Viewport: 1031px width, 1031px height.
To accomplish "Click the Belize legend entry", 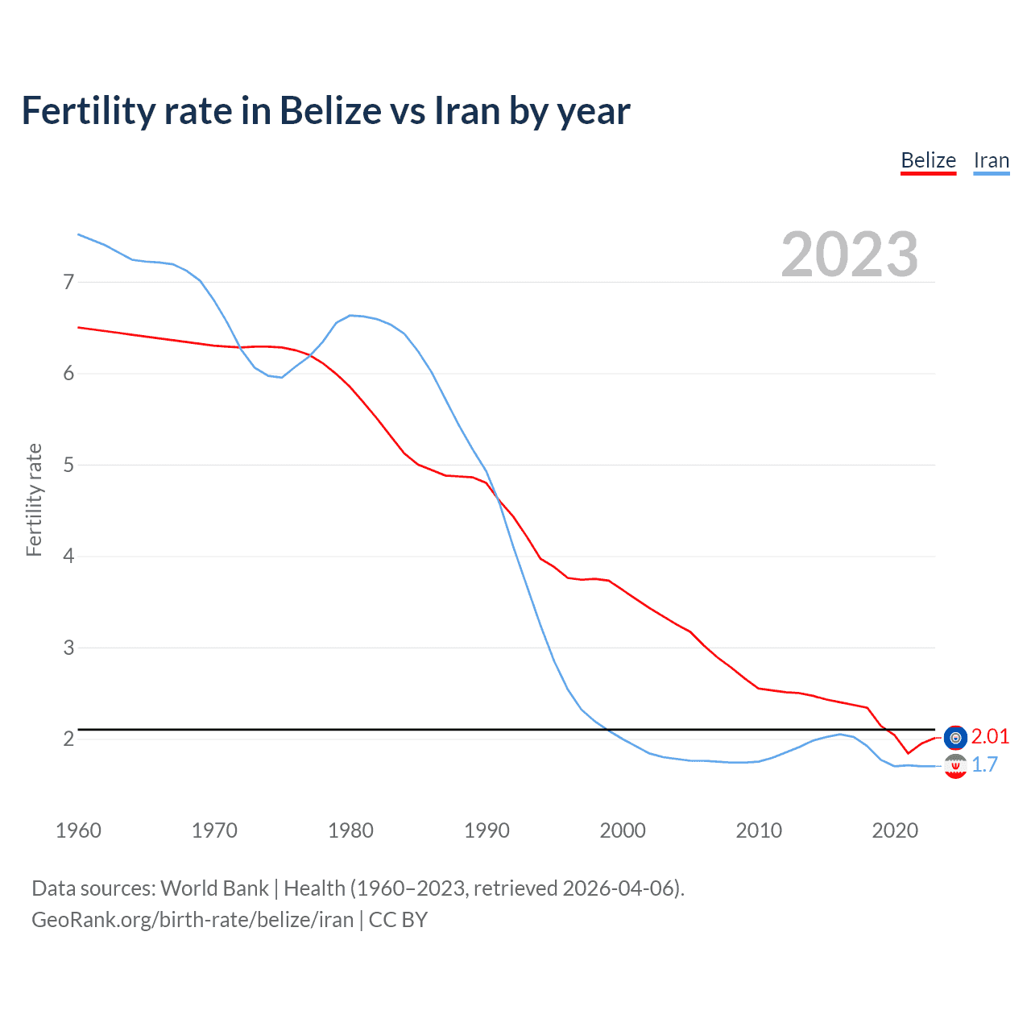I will coord(928,160).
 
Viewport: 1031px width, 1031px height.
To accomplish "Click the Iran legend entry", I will coord(991,160).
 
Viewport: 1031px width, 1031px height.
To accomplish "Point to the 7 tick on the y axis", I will coord(68,282).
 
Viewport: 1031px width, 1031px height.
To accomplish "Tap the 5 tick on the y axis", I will coord(68,465).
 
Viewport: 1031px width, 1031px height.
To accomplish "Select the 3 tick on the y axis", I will coord(68,648).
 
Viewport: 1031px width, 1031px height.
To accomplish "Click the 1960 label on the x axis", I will coord(78,830).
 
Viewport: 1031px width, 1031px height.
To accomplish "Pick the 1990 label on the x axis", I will coord(487,830).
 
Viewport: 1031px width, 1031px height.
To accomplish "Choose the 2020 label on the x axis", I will coord(895,830).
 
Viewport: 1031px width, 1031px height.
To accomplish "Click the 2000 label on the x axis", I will coord(623,830).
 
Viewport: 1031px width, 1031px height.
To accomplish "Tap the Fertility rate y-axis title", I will coord(34,499).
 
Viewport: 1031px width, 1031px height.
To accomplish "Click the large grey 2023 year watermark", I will coord(849,255).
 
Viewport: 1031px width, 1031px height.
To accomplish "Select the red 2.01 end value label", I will coord(990,736).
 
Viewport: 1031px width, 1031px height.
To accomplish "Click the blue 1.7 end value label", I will coord(984,764).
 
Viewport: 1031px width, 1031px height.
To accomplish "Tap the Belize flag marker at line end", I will coord(955,737).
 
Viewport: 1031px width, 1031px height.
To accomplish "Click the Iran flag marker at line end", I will coord(955,766).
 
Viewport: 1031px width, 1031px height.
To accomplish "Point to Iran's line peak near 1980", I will coord(350,315).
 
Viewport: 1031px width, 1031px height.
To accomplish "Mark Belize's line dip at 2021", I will coord(908,753).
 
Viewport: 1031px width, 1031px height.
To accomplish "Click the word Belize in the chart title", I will coord(330,110).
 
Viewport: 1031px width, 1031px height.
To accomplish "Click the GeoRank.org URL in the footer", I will coord(193,920).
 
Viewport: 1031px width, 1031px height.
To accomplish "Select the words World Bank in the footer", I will coord(214,888).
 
